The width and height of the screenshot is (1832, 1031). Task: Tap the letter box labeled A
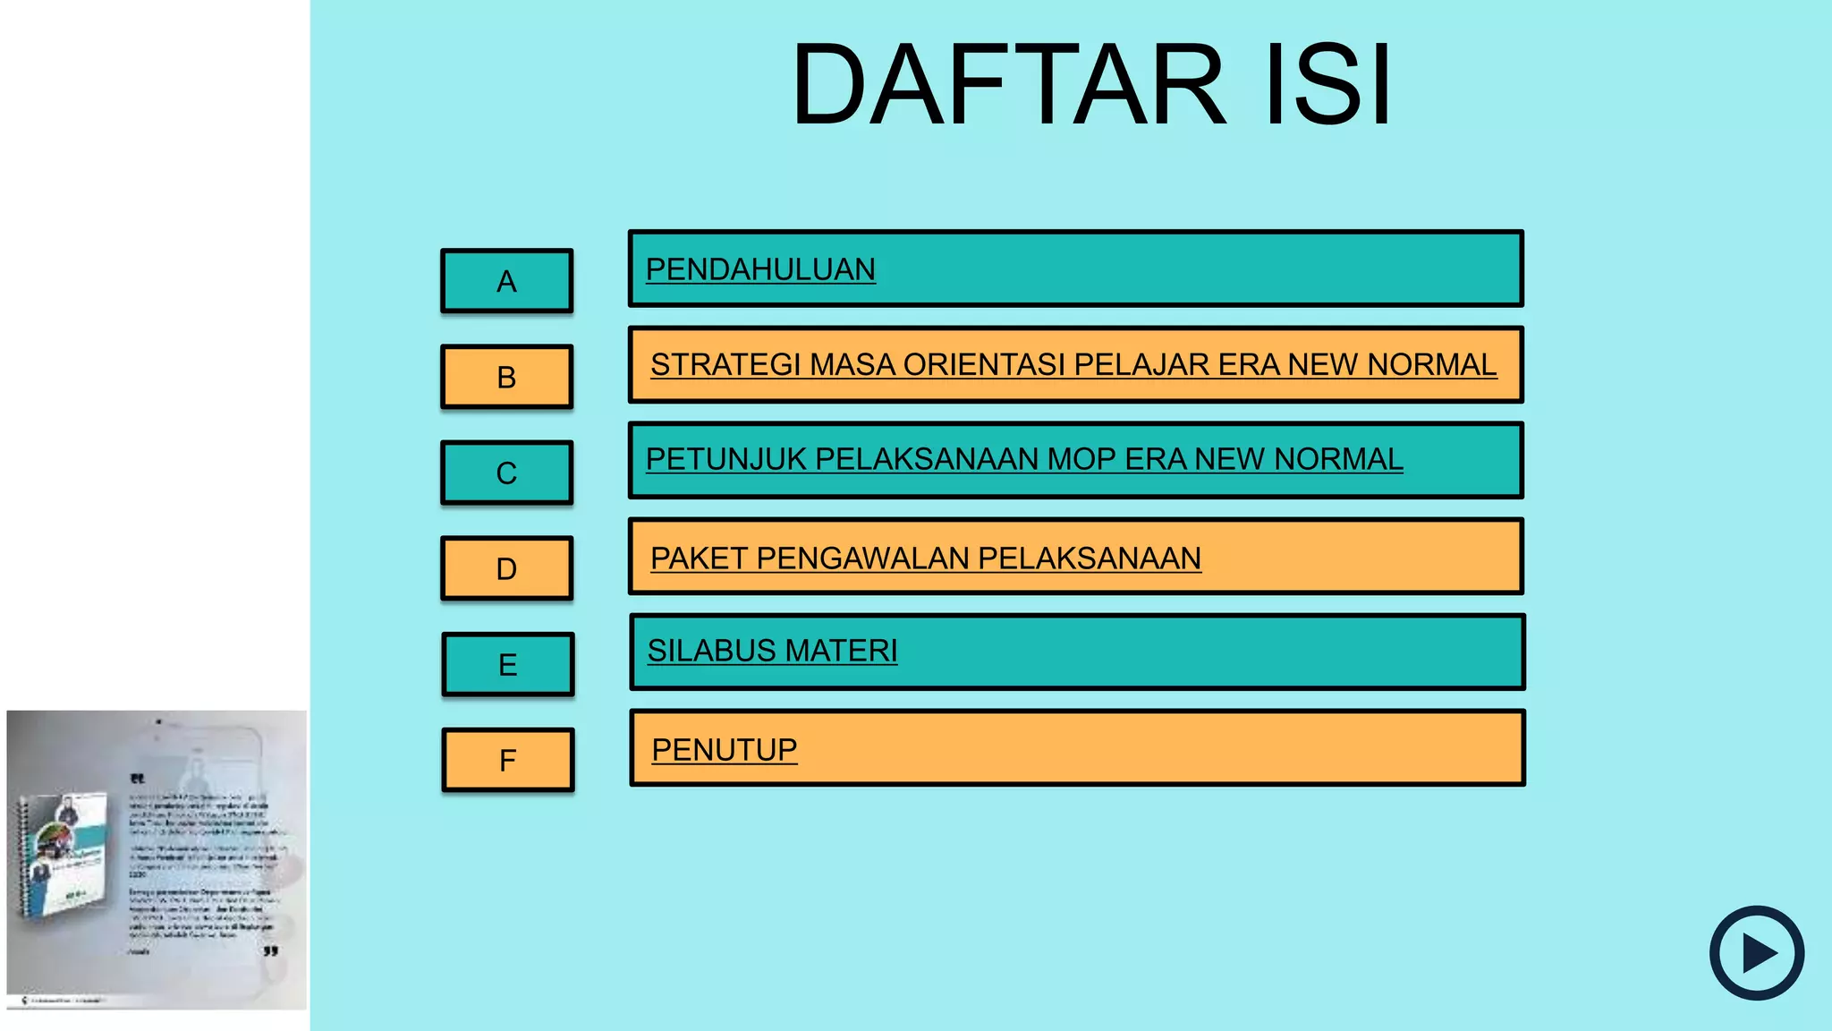click(506, 281)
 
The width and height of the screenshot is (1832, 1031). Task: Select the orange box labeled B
click(506, 377)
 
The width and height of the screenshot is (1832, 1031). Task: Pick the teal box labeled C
click(506, 473)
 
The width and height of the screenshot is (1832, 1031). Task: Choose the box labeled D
click(506, 568)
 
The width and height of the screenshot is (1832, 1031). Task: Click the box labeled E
click(507, 664)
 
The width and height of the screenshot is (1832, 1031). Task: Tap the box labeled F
click(507, 760)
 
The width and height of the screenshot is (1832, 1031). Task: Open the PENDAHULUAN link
click(760, 269)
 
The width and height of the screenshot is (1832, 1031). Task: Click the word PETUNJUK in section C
click(725, 459)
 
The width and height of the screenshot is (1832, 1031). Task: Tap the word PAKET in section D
click(698, 558)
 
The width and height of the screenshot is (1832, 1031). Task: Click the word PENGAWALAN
click(862, 558)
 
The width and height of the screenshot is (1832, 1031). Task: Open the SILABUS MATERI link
click(772, 651)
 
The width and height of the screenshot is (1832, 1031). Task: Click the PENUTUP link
click(725, 750)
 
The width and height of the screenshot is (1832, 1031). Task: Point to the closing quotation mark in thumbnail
click(271, 951)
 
